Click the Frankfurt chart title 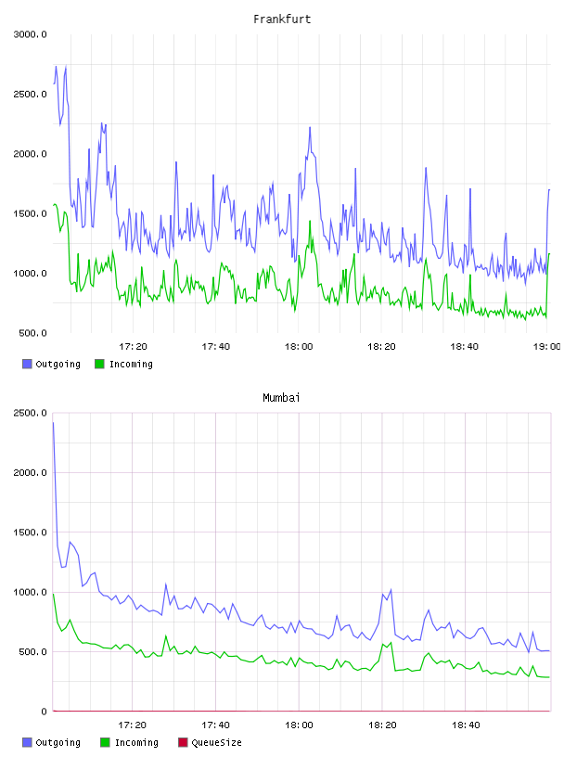pos(282,19)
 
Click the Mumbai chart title pos(281,398)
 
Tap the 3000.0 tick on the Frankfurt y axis pos(30,34)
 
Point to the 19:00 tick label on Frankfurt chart pos(546,346)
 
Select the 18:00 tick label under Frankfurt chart pos(299,346)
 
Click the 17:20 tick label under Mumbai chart pos(132,725)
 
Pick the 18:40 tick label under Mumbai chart pos(466,725)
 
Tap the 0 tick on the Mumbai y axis pos(44,712)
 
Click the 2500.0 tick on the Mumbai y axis pos(30,413)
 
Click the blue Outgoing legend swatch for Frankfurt pos(27,364)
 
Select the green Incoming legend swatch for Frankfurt pos(99,364)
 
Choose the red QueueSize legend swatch pos(183,742)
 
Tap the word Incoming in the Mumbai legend pos(136,742)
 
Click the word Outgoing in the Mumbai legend pos(58,742)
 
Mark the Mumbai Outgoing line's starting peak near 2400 pos(53,423)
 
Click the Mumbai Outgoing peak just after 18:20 pos(391,589)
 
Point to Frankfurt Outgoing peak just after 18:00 pos(310,127)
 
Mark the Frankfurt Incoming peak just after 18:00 pos(310,221)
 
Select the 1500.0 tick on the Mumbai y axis pos(30,532)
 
